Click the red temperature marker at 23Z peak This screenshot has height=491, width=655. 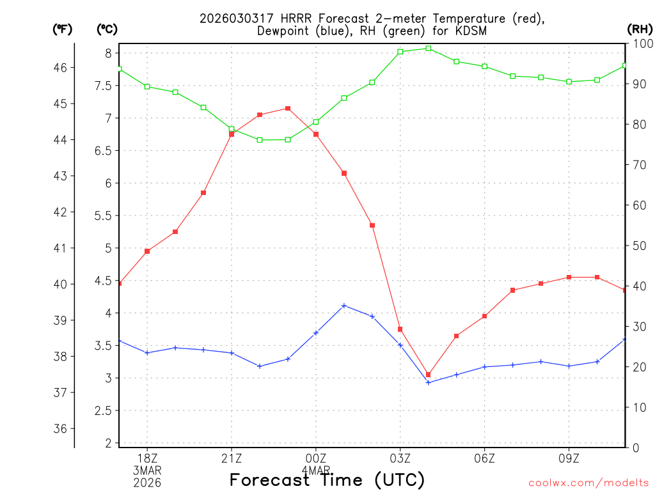tap(288, 109)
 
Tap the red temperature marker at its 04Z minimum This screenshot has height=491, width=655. tap(429, 375)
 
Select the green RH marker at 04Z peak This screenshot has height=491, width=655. tap(429, 48)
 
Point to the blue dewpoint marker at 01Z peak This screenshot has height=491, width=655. tap(344, 306)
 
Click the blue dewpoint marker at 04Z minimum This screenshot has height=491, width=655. tap(429, 382)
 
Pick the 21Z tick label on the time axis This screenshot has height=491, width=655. tap(232, 458)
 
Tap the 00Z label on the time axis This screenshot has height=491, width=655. tap(316, 458)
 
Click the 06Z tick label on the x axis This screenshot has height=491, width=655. tap(485, 458)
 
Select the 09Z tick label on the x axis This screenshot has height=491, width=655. tap(569, 458)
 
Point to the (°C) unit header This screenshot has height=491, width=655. tap(107, 29)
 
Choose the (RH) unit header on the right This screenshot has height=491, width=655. tap(640, 29)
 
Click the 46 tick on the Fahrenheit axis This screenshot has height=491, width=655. tap(63, 67)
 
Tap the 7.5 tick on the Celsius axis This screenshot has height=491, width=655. tap(104, 86)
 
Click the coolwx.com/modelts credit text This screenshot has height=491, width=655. tap(589, 483)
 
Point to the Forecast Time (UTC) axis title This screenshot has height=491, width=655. tap(327, 479)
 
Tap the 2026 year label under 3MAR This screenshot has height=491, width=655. tap(147, 483)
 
